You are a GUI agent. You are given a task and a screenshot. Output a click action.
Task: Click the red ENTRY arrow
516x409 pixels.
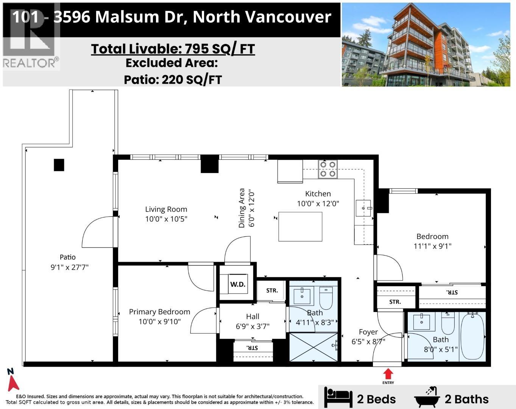click(388, 374)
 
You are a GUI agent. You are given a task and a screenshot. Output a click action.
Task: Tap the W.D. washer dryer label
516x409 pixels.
click(238, 284)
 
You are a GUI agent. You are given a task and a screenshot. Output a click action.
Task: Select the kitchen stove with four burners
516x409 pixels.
click(328, 169)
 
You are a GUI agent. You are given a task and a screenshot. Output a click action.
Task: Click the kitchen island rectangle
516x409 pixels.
click(300, 226)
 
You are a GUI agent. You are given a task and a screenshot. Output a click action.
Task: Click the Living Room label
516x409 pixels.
click(166, 209)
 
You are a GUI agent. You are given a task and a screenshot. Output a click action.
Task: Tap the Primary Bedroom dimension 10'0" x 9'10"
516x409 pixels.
click(159, 322)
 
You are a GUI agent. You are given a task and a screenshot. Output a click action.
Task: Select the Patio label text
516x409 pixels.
click(67, 257)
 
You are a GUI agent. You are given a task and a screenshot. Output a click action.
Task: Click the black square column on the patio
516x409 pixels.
click(59, 165)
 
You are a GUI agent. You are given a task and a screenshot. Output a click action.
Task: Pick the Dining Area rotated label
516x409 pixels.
click(242, 208)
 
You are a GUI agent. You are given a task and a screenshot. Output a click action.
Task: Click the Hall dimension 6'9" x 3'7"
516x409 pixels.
click(253, 326)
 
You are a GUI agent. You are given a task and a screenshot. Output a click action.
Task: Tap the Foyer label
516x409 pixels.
click(368, 332)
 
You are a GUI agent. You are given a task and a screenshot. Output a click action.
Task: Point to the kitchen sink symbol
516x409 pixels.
click(363, 208)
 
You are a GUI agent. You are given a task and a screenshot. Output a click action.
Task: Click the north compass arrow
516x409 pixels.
click(13, 380)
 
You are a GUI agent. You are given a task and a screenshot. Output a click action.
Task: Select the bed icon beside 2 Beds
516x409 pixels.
click(338, 397)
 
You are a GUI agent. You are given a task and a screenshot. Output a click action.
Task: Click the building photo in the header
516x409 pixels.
click(428, 45)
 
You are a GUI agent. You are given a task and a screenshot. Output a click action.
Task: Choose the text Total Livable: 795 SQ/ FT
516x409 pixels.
click(173, 49)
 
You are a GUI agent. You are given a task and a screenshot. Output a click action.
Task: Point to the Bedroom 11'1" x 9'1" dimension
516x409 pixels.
click(432, 246)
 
